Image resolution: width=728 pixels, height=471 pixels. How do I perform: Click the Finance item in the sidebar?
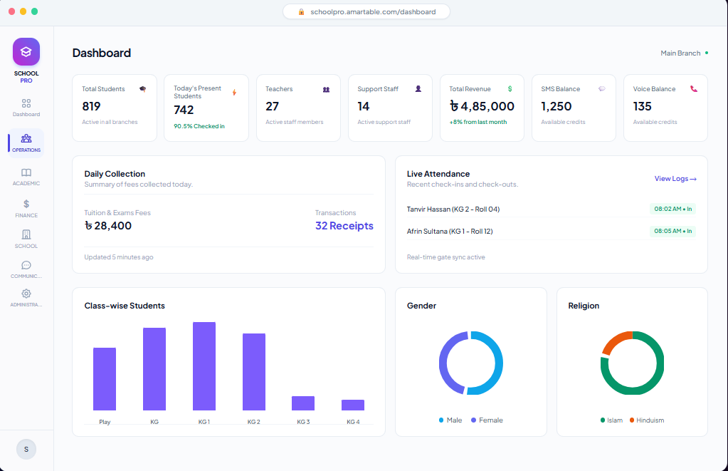pyautogui.click(x=26, y=209)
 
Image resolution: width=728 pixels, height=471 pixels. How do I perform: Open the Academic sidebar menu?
pyautogui.click(x=26, y=177)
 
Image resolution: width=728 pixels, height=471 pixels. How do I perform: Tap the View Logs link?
pyautogui.click(x=675, y=179)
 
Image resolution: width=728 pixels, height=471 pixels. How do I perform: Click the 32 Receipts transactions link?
pyautogui.click(x=344, y=225)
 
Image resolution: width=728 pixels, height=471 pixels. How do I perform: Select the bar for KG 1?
pyautogui.click(x=204, y=366)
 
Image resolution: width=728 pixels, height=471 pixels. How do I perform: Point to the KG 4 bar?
pyautogui.click(x=353, y=405)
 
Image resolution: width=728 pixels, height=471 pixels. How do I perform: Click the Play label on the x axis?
pyautogui.click(x=105, y=422)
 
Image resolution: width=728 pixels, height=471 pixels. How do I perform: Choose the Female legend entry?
pyautogui.click(x=487, y=420)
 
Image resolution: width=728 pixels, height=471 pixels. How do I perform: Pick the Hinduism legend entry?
pyautogui.click(x=646, y=420)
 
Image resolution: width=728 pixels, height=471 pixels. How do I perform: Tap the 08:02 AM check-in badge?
pyautogui.click(x=672, y=209)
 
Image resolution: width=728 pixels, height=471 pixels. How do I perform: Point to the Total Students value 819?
pyautogui.click(x=92, y=106)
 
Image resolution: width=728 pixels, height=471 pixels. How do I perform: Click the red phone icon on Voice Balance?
pyautogui.click(x=694, y=89)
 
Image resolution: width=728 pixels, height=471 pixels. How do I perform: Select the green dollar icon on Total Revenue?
pyautogui.click(x=510, y=89)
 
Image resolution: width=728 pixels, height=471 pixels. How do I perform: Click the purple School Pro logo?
pyautogui.click(x=26, y=51)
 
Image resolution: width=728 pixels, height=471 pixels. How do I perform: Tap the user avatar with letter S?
pyautogui.click(x=26, y=449)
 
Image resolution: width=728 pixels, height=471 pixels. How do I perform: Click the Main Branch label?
pyautogui.click(x=680, y=53)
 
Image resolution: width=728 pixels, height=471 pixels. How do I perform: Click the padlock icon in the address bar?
pyautogui.click(x=301, y=11)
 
